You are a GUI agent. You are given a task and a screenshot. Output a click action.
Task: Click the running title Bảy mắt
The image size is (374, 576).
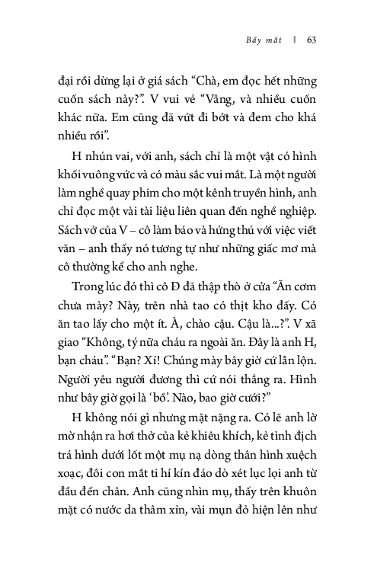click(x=264, y=40)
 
